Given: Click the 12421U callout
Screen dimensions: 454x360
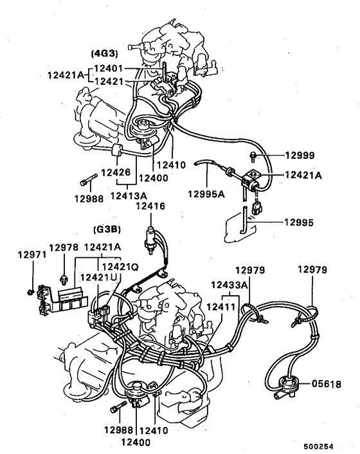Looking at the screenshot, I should [97, 277].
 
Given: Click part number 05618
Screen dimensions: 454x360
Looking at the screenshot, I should [326, 384].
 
